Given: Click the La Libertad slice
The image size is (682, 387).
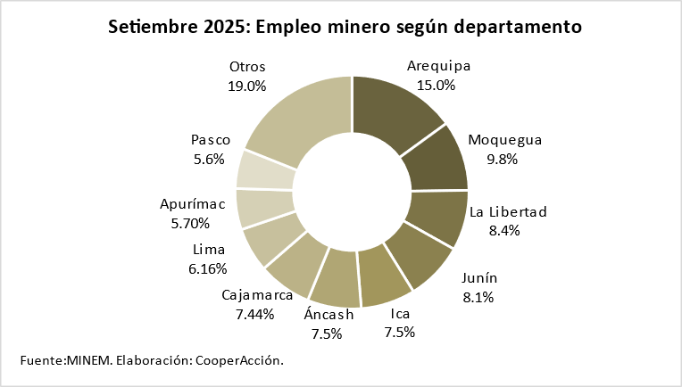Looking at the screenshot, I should [x=437, y=216].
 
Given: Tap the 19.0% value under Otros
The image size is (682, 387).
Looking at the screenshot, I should [x=247, y=86].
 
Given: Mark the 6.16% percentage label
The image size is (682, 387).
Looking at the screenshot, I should [x=208, y=268].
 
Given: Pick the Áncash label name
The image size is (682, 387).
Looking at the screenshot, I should [x=329, y=314].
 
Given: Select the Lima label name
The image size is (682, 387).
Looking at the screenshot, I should [x=208, y=250].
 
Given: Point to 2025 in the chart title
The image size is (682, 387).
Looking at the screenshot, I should [x=227, y=27].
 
